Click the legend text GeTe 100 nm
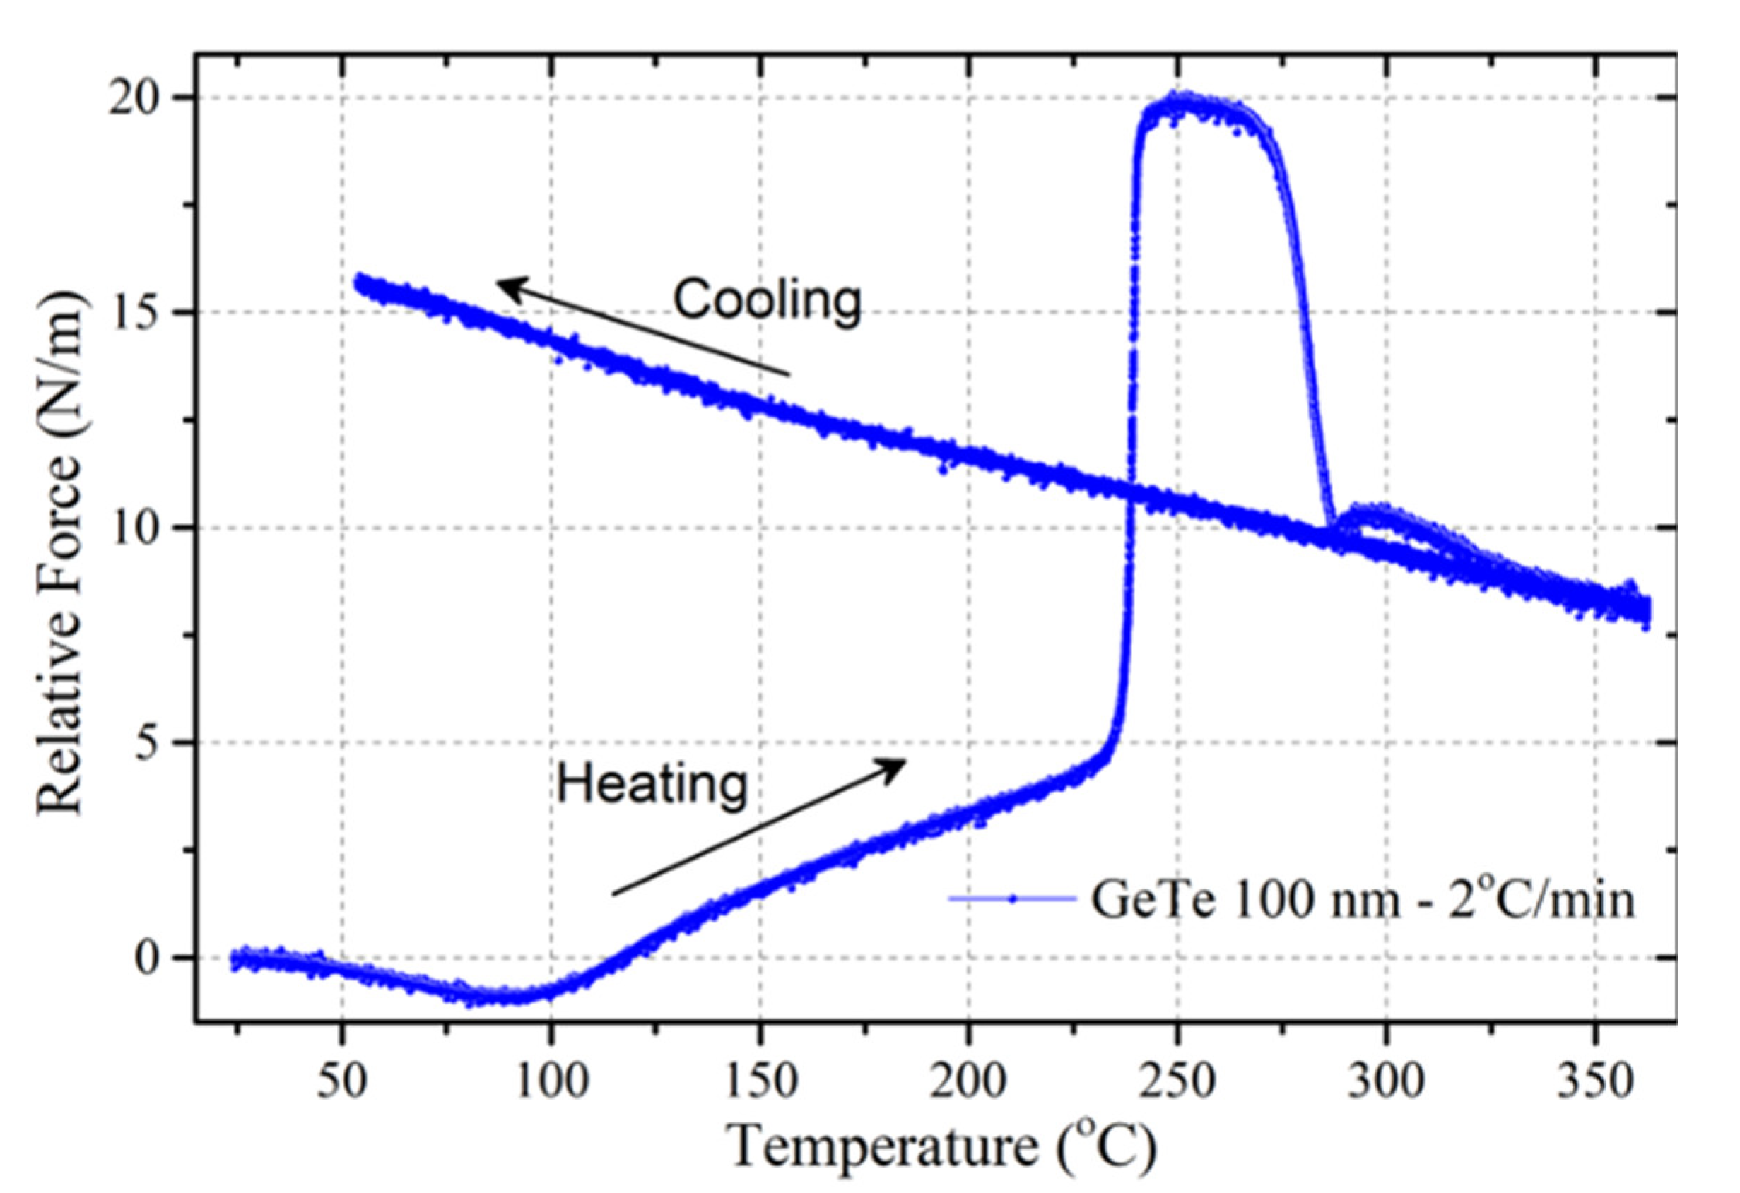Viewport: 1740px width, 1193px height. [1243, 899]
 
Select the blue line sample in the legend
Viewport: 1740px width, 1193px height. [1011, 899]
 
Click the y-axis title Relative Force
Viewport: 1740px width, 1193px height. [60, 554]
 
